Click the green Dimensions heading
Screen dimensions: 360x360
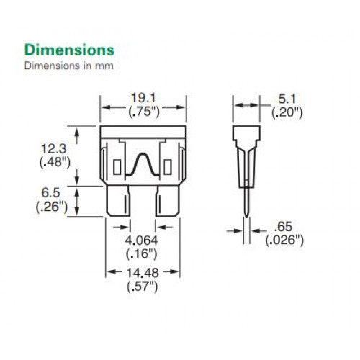(x=69, y=50)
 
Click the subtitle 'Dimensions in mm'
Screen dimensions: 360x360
(x=69, y=66)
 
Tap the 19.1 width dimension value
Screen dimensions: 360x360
(x=143, y=98)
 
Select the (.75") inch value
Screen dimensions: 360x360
(x=144, y=112)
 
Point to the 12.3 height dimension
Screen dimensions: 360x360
(x=54, y=149)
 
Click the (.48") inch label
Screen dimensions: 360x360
(x=55, y=163)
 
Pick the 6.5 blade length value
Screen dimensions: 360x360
(x=50, y=193)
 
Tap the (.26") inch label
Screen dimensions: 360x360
(x=51, y=207)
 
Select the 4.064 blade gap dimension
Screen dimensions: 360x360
(x=142, y=240)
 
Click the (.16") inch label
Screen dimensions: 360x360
(x=142, y=253)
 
